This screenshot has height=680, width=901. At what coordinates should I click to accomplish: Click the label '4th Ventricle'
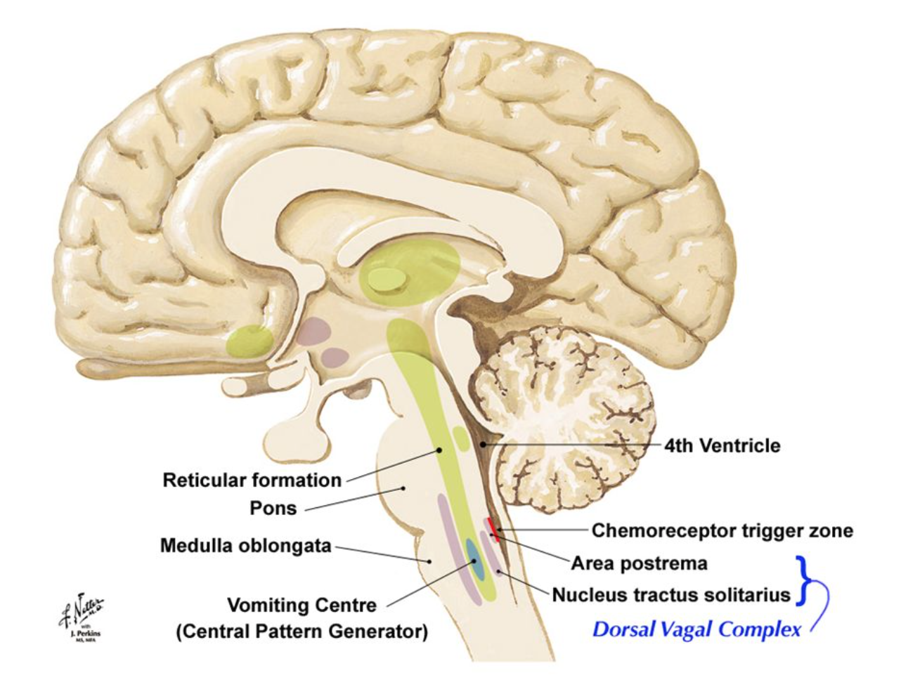[722, 445]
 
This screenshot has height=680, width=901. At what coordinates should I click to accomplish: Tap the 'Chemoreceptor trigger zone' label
[722, 530]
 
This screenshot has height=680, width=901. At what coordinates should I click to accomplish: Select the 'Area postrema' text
[639, 563]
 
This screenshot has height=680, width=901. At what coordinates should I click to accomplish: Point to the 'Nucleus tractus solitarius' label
[671, 595]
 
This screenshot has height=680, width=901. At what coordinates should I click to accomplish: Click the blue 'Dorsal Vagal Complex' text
[696, 629]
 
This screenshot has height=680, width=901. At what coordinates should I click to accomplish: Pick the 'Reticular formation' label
[252, 480]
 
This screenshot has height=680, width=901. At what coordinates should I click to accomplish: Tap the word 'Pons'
[273, 508]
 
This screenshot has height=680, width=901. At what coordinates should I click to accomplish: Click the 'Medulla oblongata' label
[245, 546]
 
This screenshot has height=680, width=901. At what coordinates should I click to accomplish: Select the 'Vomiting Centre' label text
[302, 605]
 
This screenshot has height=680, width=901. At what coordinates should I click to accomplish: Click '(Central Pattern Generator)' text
[302, 631]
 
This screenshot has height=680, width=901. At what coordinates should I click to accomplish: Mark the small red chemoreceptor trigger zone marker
[493, 529]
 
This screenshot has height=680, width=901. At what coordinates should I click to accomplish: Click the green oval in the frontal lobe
[249, 341]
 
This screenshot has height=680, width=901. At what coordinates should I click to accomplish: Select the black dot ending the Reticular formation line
[440, 450]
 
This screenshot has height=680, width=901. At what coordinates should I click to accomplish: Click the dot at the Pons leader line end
[403, 488]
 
